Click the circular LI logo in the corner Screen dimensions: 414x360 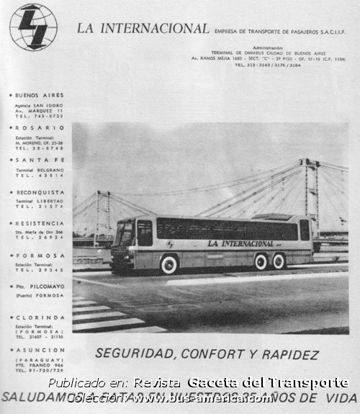point(33,27)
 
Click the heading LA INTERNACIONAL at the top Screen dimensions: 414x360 point(143,30)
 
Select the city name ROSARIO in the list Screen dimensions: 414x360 point(40,127)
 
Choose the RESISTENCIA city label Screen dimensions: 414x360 point(40,224)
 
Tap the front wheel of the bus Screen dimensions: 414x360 point(169,265)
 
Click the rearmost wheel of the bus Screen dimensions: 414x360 point(279,261)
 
